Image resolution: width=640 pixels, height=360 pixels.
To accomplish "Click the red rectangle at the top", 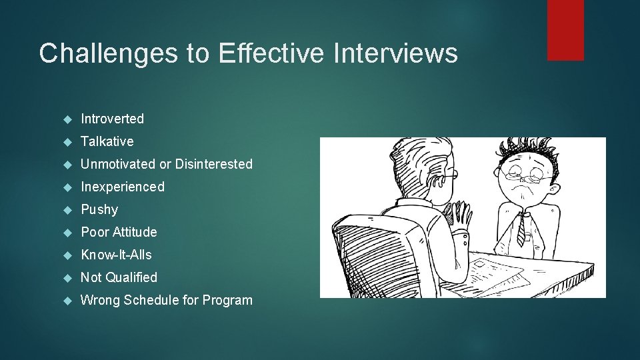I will tap(565, 30).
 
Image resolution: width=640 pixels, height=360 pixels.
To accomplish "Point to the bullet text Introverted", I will tap(112, 119).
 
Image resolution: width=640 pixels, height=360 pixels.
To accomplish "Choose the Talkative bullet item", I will tap(107, 141).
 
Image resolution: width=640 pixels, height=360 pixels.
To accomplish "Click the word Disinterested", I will tap(214, 164).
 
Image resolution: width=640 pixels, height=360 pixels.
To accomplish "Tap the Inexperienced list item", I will tap(122, 187).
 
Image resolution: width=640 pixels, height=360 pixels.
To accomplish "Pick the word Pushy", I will tap(99, 209).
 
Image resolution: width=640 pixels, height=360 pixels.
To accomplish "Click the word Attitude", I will tap(135, 232).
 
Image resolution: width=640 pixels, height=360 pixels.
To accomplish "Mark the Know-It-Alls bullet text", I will tap(116, 255).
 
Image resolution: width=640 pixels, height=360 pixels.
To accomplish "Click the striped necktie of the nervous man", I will tap(520, 230).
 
